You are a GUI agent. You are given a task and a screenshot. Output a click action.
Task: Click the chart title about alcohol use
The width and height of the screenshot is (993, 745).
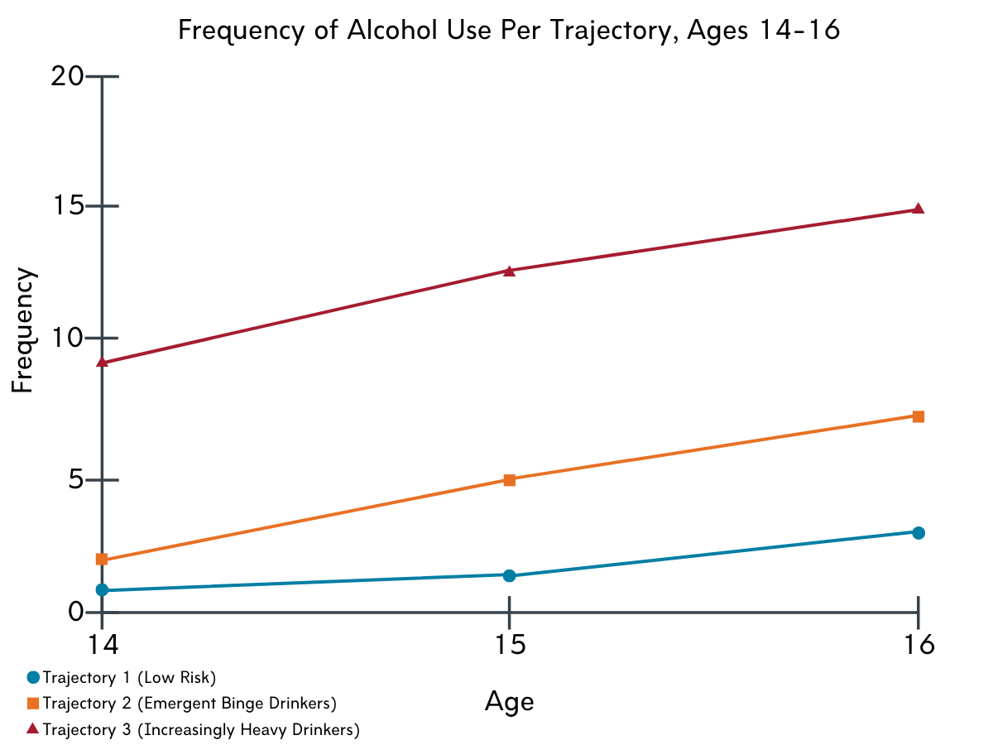509,31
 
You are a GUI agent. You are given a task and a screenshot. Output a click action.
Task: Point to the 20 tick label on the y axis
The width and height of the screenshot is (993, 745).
67,76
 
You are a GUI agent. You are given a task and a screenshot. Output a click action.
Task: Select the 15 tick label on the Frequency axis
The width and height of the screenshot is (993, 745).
69,206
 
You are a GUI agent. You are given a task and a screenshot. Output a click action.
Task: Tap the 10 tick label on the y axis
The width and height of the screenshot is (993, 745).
68,338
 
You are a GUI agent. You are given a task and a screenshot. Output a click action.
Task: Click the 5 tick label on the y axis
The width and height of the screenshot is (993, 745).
76,480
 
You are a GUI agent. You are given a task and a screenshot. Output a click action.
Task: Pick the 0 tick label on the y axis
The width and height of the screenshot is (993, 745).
76,612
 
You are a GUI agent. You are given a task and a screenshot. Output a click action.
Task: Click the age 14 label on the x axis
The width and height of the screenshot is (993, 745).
103,644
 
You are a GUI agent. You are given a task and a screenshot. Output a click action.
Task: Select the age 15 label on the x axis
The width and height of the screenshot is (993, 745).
511,644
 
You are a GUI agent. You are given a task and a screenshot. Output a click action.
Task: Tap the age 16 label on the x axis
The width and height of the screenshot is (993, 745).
919,644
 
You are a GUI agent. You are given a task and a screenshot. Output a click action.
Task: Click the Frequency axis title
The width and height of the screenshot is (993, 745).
22,329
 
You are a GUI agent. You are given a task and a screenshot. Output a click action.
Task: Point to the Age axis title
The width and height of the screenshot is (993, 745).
510,702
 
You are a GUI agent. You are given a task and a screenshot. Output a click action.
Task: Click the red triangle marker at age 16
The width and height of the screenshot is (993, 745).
919,209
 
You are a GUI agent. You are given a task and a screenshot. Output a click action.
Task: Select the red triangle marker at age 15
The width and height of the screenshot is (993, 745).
510,271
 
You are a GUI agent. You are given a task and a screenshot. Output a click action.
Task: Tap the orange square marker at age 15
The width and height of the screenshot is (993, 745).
510,480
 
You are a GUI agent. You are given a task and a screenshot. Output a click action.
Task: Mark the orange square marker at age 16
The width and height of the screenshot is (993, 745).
919,416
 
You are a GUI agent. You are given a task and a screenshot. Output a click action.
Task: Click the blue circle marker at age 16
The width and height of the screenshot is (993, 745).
919,533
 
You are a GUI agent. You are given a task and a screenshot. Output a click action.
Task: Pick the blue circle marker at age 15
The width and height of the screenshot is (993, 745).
510,575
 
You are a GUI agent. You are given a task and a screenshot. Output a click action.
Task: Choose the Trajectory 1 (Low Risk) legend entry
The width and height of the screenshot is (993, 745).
122,678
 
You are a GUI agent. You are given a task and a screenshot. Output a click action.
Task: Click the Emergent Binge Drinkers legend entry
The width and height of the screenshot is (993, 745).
182,704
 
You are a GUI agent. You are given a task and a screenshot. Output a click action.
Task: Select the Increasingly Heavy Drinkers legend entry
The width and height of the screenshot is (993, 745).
193,729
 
